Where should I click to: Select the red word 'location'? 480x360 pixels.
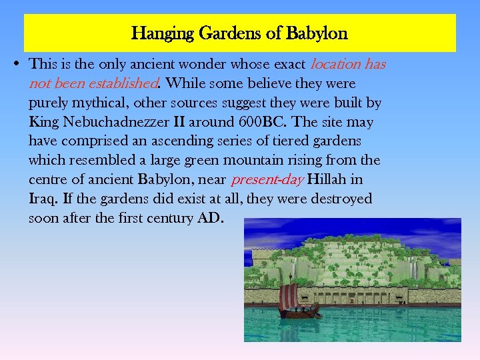[x=335, y=65]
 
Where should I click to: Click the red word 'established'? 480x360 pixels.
[x=125, y=84]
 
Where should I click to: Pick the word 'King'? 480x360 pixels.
[x=43, y=123]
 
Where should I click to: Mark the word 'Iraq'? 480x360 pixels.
[x=42, y=199]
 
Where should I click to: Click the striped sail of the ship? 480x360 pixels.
[x=288, y=297]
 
